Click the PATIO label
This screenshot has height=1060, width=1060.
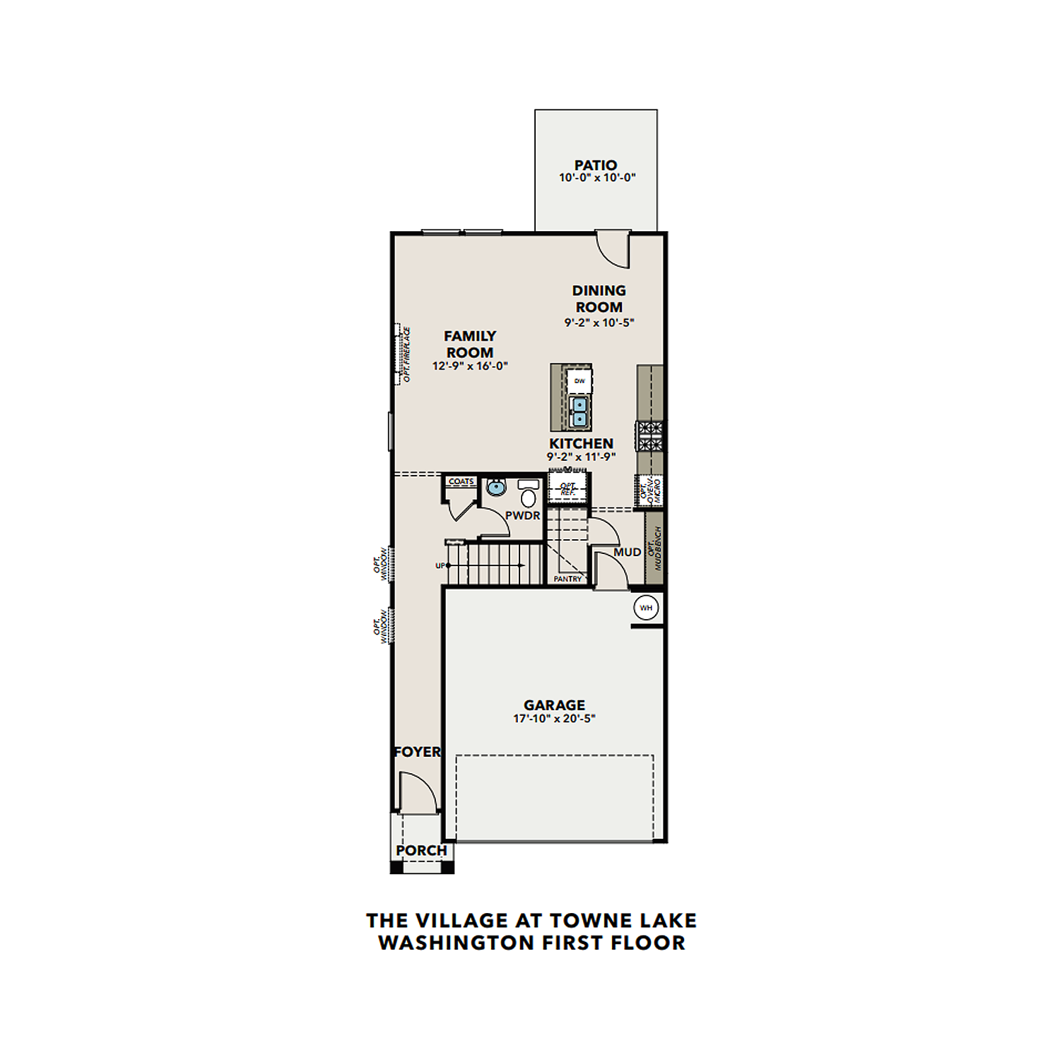595,165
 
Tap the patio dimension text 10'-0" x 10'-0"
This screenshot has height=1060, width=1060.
597,178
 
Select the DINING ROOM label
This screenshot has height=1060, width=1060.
599,299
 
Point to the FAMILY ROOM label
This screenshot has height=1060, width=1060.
470,344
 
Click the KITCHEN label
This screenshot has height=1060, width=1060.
581,443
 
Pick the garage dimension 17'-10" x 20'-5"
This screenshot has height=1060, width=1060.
554,719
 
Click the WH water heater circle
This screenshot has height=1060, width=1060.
646,608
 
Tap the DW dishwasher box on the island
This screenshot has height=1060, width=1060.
579,381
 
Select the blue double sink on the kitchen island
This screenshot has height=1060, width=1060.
579,411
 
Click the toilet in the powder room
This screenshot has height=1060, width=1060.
528,494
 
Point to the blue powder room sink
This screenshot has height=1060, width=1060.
497,487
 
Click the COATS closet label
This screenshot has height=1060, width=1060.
461,481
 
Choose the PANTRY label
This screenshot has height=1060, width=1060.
567,579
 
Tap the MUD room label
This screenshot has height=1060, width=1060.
627,552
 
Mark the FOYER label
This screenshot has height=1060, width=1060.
417,752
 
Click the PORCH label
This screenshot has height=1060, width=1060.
421,850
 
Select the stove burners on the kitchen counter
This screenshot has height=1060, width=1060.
649,435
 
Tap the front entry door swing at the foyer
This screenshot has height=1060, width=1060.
417,792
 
